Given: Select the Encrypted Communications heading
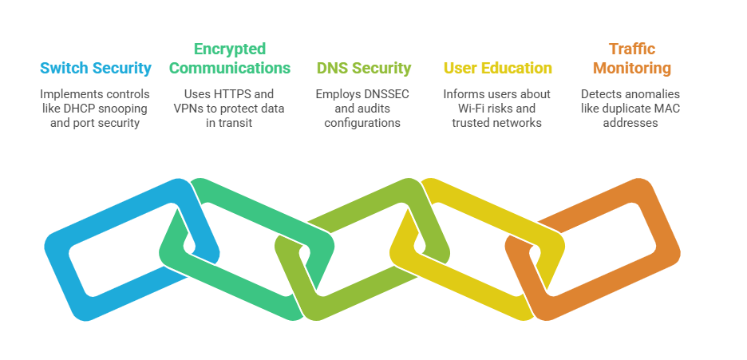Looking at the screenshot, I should [x=230, y=58].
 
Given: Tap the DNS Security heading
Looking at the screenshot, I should [x=364, y=68].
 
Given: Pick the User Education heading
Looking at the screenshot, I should [x=498, y=68].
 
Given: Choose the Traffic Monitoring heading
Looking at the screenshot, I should [x=631, y=58].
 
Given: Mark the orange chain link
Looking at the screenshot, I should [x=654, y=239].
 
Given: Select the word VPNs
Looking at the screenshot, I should [x=192, y=109].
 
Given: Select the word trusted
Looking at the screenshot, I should [x=470, y=123].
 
